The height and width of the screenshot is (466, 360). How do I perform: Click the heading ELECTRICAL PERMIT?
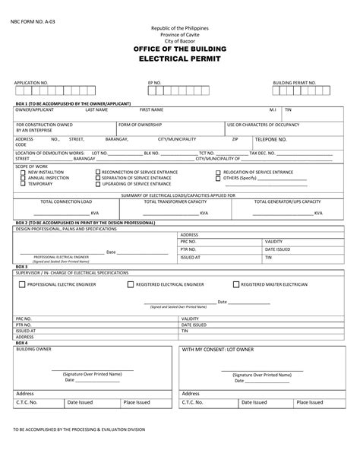(x=180, y=58)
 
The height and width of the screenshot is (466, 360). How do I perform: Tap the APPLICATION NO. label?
(x=31, y=81)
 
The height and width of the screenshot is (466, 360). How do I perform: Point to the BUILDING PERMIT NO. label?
(x=295, y=81)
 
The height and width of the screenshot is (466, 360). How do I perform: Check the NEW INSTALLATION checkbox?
(x=23, y=173)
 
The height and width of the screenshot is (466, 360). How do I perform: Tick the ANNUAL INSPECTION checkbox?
(x=23, y=178)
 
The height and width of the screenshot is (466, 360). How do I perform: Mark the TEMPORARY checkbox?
(x=23, y=184)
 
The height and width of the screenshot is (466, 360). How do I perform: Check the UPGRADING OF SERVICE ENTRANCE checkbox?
(x=97, y=184)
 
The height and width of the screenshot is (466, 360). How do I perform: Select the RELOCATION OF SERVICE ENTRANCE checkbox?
(x=218, y=173)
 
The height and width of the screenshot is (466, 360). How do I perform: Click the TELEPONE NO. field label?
(x=292, y=140)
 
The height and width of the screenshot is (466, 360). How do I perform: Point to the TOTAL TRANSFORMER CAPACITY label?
(x=175, y=201)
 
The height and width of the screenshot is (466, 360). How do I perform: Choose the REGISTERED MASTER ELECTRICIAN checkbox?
(x=235, y=284)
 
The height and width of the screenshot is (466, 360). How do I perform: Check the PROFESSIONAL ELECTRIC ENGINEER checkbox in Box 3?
(x=22, y=284)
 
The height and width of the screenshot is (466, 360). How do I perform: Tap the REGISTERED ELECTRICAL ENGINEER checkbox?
(x=130, y=284)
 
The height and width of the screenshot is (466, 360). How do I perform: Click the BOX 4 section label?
(x=21, y=343)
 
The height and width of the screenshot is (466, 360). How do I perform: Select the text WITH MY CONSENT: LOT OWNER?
(x=217, y=350)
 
